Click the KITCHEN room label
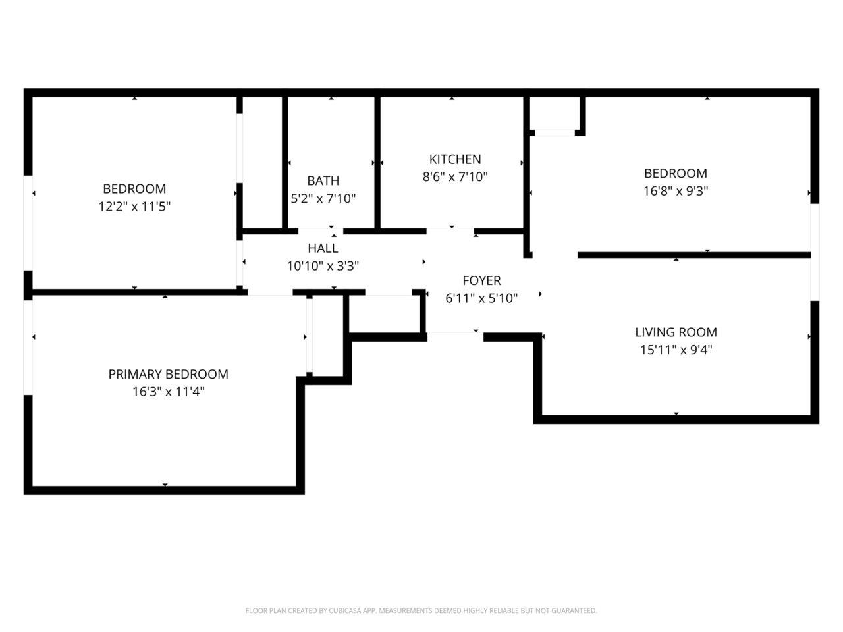coord(455,159)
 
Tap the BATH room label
coord(323,180)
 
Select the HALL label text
coord(323,248)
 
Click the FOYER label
coord(481,281)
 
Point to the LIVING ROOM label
coord(676,332)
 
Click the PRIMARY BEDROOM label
coord(168,375)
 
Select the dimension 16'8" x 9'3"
coord(676,192)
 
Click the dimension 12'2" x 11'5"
coord(134,207)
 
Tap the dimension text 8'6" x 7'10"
coord(455,177)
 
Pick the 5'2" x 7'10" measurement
coord(323,199)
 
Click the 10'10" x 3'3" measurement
coord(323,267)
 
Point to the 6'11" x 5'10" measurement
coord(481,298)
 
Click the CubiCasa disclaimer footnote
coord(421,611)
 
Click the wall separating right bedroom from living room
coord(693,255)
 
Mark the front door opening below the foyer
coord(454,336)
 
